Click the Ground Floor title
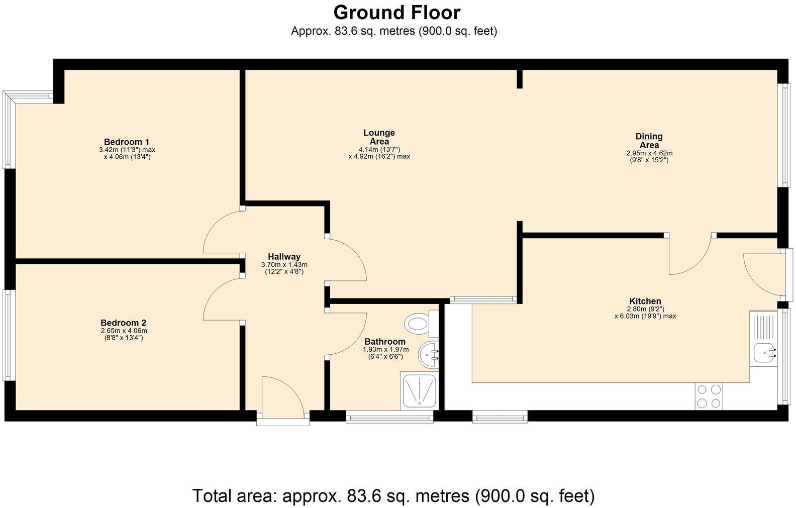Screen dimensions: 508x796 396,12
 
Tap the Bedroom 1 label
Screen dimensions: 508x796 126,142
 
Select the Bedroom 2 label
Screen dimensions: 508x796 123,323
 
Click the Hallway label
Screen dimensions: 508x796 284,256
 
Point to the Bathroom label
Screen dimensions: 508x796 384,342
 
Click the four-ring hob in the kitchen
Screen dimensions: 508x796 709,396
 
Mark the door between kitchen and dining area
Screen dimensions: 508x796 688,256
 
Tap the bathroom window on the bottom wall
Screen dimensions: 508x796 389,416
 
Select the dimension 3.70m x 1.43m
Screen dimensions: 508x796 284,264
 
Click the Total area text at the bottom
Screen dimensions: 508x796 393,495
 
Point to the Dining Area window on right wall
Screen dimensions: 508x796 783,135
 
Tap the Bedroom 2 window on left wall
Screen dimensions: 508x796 8,335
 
